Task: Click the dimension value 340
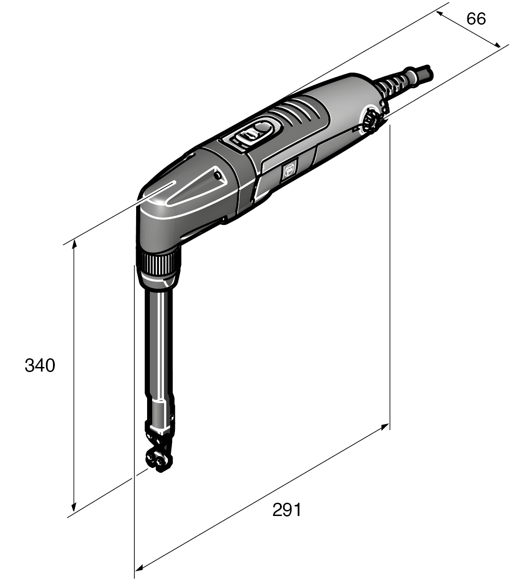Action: pyautogui.click(x=40, y=366)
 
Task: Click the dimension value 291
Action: pyautogui.click(x=287, y=510)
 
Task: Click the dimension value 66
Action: pyautogui.click(x=476, y=19)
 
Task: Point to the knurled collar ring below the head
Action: pyautogui.click(x=159, y=265)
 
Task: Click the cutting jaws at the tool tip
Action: pyautogui.click(x=158, y=457)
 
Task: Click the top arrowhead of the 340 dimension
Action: pyautogui.click(x=74, y=246)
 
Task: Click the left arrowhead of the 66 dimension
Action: pyautogui.click(x=440, y=13)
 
